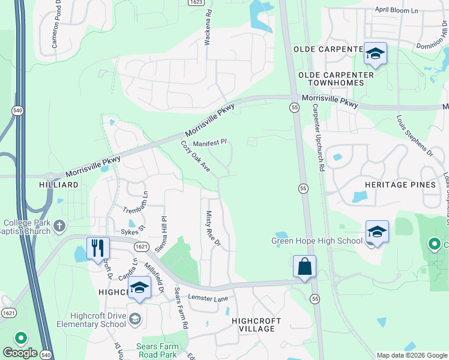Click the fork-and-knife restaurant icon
click(98, 248)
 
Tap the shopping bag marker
click(304, 266)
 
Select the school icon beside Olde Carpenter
click(375, 53)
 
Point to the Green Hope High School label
click(317, 241)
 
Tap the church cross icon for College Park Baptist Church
click(59, 226)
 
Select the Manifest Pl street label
click(209, 143)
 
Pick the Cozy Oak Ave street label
click(195, 157)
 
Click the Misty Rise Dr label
click(213, 229)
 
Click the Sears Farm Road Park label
click(148, 350)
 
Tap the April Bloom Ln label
click(396, 11)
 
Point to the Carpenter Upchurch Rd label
click(318, 139)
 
